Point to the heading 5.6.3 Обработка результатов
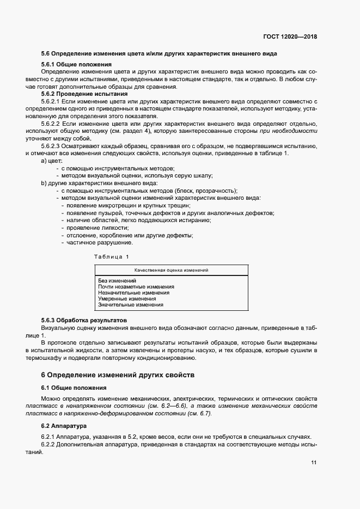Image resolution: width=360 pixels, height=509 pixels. [x=84, y=321]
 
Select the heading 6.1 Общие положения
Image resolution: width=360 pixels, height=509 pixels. [x=74, y=388]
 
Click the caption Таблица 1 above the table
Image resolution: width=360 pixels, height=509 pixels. [x=112, y=256]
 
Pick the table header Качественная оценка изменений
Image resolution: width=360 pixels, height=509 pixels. [x=172, y=270]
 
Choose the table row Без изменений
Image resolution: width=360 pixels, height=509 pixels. [x=117, y=280]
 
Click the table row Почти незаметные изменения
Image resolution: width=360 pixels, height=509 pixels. [x=136, y=286]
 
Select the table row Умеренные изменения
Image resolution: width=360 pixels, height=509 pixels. [x=127, y=299]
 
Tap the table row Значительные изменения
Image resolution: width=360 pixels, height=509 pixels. [x=131, y=305]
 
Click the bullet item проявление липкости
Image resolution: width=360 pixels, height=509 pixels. [x=93, y=228]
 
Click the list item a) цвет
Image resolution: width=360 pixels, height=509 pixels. [x=52, y=162]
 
